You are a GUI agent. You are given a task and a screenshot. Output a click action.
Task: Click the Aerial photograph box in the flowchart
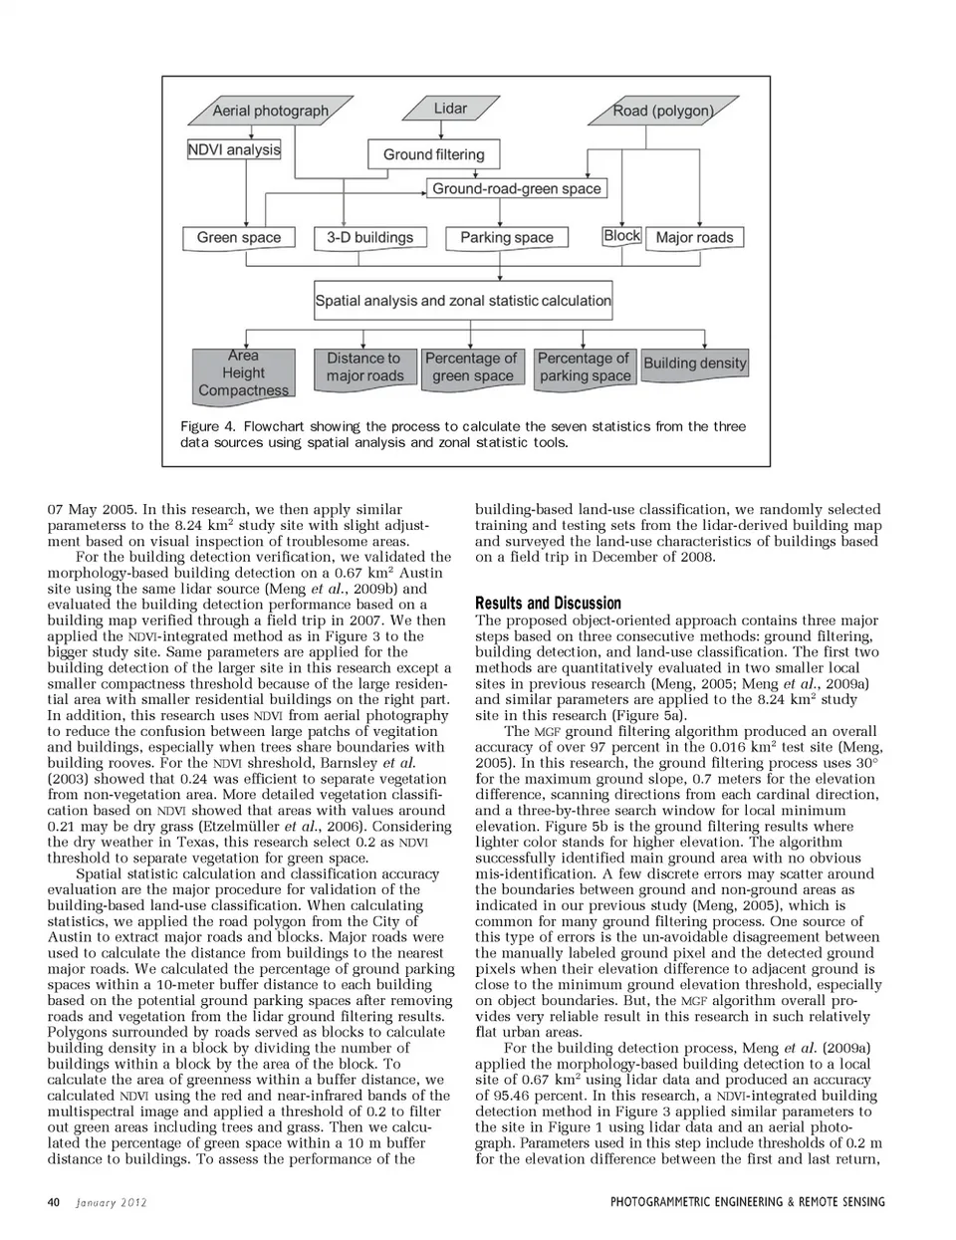click(270, 111)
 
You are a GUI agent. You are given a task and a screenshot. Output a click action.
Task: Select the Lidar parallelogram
click(450, 109)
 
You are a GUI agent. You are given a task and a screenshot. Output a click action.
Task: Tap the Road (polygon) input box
click(663, 111)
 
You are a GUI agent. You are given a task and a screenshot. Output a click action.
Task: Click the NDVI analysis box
click(234, 149)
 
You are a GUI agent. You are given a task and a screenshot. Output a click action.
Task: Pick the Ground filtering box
click(433, 154)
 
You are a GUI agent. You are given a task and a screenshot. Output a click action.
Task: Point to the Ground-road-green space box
click(516, 188)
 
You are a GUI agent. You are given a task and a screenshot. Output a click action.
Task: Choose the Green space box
click(239, 237)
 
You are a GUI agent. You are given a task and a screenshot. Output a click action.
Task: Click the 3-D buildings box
click(369, 237)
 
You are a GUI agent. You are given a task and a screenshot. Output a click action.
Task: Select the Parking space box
click(506, 237)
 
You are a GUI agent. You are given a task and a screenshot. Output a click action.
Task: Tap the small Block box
click(621, 235)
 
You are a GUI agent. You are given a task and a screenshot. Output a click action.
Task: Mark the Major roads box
click(694, 237)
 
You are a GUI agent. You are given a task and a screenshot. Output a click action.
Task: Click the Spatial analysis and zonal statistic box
click(463, 300)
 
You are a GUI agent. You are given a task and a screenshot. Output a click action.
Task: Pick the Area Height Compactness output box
click(243, 373)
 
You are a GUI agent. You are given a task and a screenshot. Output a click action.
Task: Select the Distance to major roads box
click(364, 367)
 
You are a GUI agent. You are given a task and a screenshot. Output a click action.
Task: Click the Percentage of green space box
click(472, 367)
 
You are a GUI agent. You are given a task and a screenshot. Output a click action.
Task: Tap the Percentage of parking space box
click(585, 367)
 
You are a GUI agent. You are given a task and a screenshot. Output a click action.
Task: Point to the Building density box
click(694, 363)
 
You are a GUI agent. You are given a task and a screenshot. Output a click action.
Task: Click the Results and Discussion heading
click(548, 603)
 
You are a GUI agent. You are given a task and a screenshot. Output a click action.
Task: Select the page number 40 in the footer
click(54, 1201)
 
